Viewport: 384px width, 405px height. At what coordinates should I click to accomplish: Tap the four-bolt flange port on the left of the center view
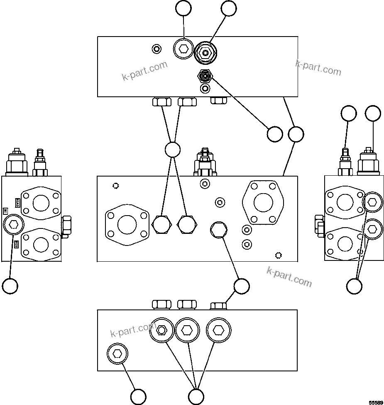127,225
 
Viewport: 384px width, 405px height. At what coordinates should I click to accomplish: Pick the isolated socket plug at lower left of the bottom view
117,354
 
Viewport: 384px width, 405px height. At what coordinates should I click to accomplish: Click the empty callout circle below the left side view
10,286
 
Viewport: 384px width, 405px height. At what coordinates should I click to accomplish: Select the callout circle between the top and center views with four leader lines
172,150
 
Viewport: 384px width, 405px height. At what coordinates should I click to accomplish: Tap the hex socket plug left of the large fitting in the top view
183,50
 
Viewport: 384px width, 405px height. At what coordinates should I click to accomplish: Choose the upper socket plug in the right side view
372,202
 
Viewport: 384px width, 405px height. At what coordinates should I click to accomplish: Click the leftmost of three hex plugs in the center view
161,225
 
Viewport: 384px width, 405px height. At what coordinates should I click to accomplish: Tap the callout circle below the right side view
354,286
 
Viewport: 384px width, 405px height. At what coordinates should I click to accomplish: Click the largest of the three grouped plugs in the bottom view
219,330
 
